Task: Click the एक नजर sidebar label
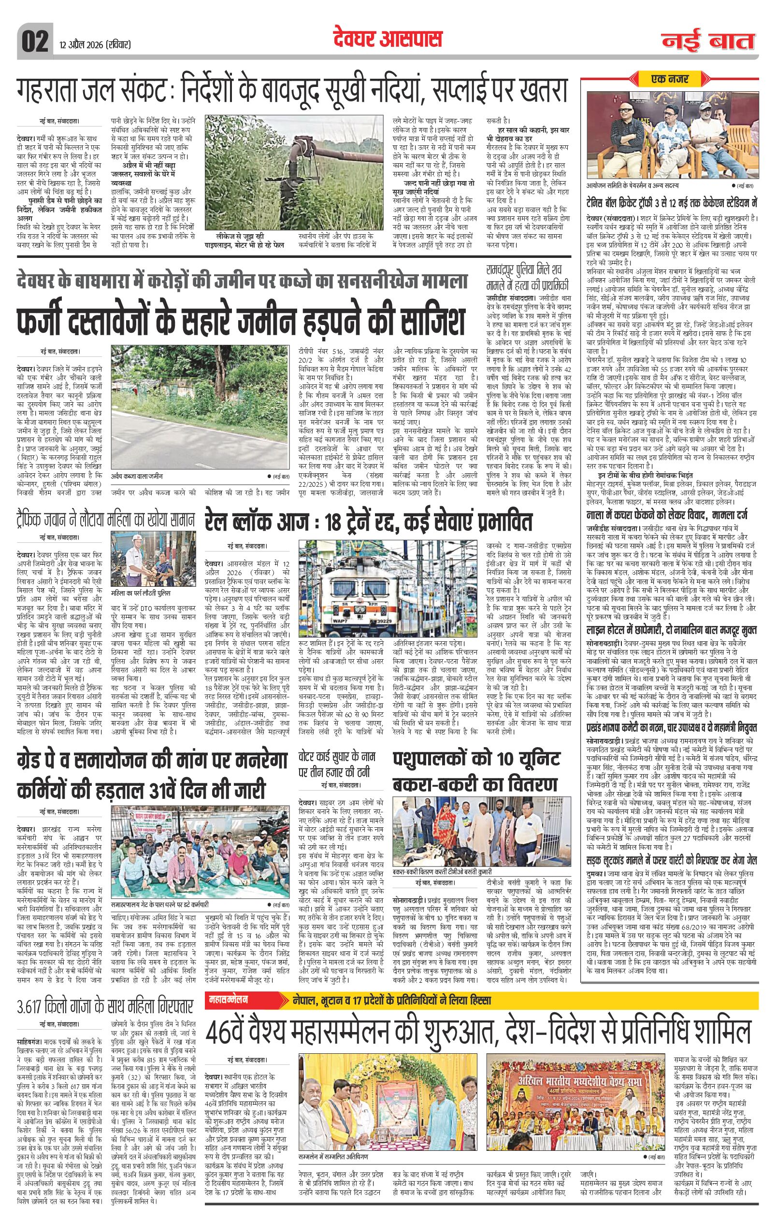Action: point(670,79)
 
